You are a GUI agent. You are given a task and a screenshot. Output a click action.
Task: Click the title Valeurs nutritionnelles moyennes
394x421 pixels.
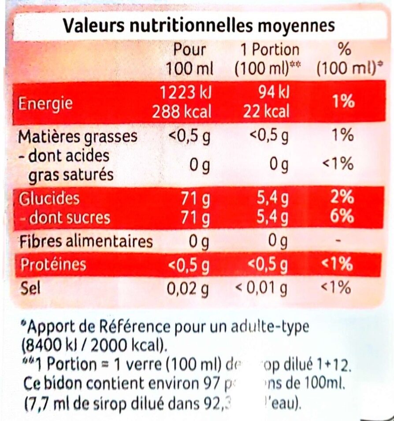[x=199, y=26]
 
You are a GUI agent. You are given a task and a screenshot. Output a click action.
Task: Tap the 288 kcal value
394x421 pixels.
[x=182, y=112]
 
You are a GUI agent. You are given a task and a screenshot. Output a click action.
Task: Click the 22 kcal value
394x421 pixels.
[x=266, y=112]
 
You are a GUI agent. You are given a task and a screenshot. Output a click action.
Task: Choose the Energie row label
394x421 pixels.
[x=45, y=104]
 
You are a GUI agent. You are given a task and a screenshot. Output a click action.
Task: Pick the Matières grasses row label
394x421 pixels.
[x=77, y=137]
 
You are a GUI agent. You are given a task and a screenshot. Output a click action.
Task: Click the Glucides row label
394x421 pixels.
[x=49, y=199]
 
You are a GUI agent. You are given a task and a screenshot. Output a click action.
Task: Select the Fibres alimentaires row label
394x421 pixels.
[x=85, y=241]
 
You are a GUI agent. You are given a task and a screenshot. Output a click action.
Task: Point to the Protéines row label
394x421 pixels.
[x=53, y=265]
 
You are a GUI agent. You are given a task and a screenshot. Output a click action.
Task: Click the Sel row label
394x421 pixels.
[x=30, y=288]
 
